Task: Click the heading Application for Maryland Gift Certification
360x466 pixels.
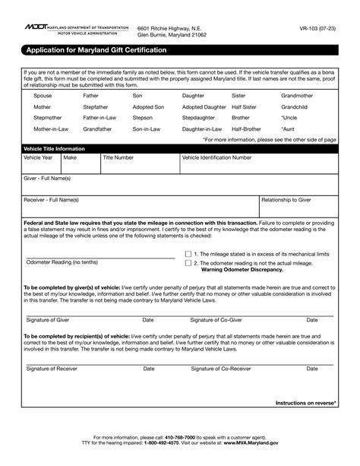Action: pyautogui.click(x=96, y=49)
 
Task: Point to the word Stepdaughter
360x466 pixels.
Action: pyautogui.click(x=199, y=119)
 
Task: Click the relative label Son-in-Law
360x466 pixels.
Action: pyautogui.click(x=147, y=130)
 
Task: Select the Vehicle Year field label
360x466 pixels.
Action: pyautogui.click(x=39, y=157)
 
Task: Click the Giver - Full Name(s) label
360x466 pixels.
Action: pyautogui.click(x=48, y=178)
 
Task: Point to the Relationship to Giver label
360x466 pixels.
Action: pyautogui.click(x=286, y=200)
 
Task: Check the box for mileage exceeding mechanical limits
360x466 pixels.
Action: pyautogui.click(x=188, y=254)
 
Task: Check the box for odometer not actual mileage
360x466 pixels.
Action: pyautogui.click(x=188, y=263)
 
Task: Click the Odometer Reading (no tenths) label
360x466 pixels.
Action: pyautogui.click(x=62, y=262)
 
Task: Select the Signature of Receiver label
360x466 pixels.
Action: pyautogui.click(x=52, y=368)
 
